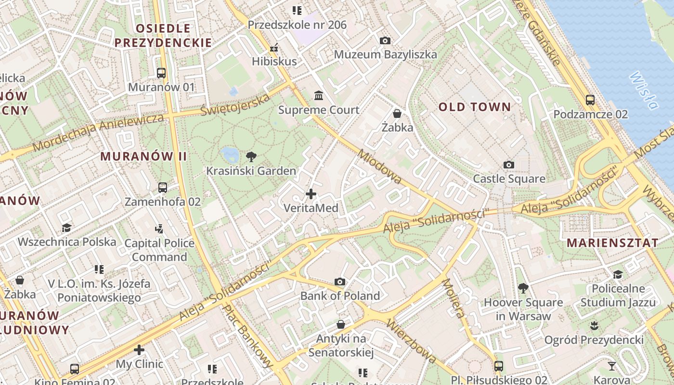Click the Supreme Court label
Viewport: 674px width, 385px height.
click(319, 110)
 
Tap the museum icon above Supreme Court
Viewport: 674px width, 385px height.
click(319, 96)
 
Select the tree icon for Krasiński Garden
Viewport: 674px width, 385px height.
click(251, 156)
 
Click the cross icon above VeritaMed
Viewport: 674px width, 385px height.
click(311, 194)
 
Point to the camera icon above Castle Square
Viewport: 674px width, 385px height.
click(509, 165)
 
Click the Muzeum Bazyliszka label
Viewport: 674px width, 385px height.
click(385, 54)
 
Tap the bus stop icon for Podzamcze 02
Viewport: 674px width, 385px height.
click(590, 100)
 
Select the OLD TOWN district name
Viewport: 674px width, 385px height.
click(474, 107)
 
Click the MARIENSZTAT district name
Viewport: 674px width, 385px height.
click(612, 243)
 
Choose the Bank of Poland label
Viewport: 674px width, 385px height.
click(340, 296)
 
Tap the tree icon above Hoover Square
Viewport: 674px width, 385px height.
click(523, 288)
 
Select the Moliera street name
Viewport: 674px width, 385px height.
click(454, 298)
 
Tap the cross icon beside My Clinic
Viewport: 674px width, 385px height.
click(139, 349)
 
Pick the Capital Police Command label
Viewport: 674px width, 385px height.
click(159, 250)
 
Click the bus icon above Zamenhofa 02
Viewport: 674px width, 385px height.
click(163, 188)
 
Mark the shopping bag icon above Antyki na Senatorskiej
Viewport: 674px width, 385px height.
click(341, 325)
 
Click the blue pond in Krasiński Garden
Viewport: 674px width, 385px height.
click(230, 154)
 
